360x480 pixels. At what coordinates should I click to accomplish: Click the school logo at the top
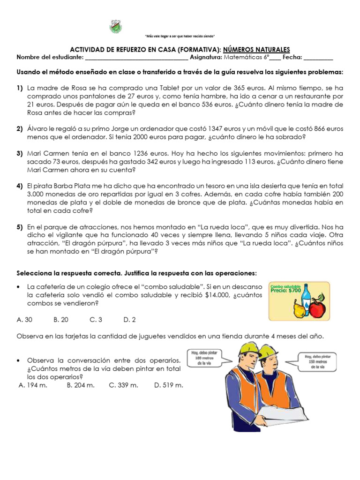tap(115, 26)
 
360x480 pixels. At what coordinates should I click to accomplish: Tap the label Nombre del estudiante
tap(50, 58)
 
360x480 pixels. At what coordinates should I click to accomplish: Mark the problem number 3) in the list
tap(20, 153)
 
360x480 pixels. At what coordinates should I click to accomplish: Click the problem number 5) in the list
tap(20, 227)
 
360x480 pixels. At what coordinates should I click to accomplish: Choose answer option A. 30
tap(24, 320)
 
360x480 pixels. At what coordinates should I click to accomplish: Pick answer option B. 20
tap(61, 320)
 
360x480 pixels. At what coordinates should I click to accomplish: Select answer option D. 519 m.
tap(168, 385)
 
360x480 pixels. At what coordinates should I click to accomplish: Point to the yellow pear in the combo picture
tap(298, 308)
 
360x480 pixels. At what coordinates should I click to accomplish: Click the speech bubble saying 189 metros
tap(203, 359)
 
